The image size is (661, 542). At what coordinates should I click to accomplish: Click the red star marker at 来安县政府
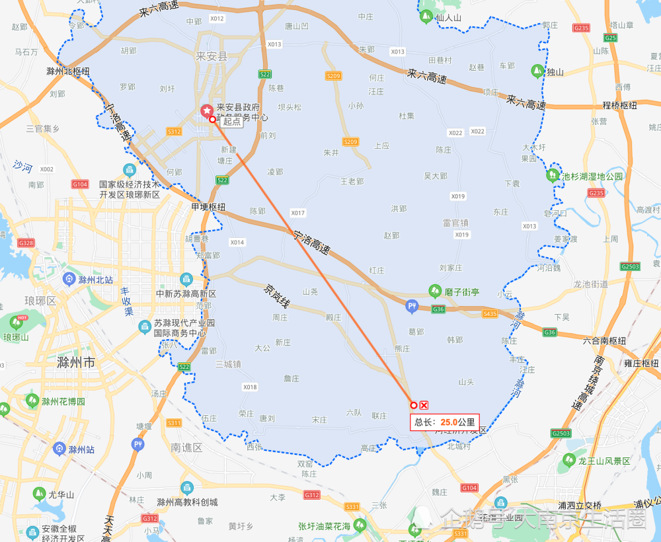tap(207, 110)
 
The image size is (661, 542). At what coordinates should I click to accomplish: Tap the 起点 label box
tap(232, 121)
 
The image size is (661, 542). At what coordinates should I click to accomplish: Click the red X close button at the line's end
tap(424, 405)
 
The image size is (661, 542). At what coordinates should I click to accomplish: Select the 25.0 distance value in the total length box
tap(449, 422)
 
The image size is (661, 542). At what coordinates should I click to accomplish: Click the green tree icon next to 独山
tap(537, 70)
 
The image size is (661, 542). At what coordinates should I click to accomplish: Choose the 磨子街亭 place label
tap(462, 291)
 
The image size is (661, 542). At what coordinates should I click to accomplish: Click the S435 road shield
tap(490, 313)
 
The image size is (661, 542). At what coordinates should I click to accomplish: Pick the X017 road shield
tap(297, 213)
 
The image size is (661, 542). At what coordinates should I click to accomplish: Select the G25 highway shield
tap(610, 38)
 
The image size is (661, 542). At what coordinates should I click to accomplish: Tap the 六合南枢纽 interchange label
tap(604, 340)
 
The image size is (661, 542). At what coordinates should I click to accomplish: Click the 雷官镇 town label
tap(455, 223)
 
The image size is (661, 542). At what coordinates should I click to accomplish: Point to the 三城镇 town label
tap(228, 364)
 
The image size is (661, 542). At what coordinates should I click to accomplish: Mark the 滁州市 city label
tap(76, 363)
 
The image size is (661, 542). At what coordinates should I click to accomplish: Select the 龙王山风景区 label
tap(604, 461)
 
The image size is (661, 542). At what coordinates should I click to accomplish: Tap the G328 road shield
tap(26, 243)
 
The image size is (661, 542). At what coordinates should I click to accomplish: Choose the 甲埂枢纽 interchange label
tap(208, 207)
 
